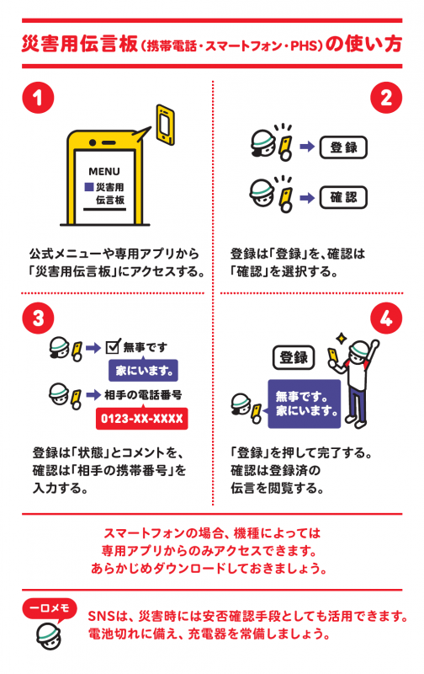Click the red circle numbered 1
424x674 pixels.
point(38,98)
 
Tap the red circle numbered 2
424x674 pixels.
point(386,98)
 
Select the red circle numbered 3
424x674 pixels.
point(38,318)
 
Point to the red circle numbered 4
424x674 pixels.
point(386,318)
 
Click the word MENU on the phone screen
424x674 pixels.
point(104,172)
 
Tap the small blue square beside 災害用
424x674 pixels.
point(89,187)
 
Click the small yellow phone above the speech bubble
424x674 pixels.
point(165,124)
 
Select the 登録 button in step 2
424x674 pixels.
point(343,147)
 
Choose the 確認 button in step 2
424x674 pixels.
point(343,197)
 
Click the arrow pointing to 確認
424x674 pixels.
point(307,198)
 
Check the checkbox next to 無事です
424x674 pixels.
point(113,345)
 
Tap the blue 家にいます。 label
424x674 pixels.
point(143,371)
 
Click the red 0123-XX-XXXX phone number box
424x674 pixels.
point(141,418)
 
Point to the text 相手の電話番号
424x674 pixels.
point(143,394)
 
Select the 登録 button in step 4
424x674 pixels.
point(294,357)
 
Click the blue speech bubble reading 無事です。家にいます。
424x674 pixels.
point(304,404)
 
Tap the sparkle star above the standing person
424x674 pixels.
point(342,339)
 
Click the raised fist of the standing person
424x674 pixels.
point(375,344)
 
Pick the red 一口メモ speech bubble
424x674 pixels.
point(50,609)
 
